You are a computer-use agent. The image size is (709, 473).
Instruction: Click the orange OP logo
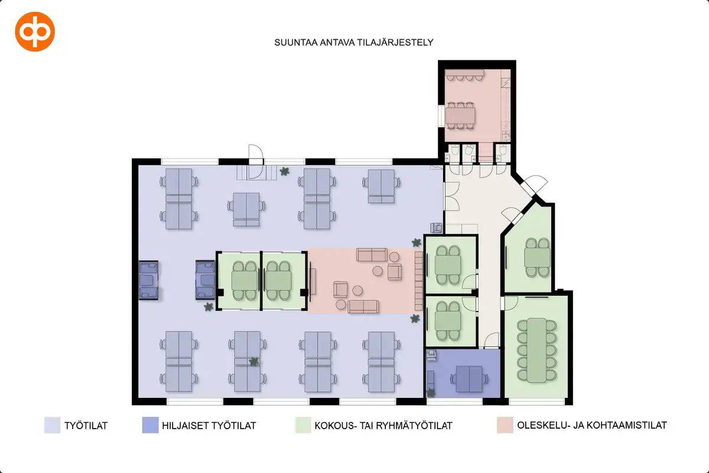coord(35,32)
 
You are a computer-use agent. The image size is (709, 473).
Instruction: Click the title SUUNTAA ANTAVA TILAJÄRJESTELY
coord(353,43)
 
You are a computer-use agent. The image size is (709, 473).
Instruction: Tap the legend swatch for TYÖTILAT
coord(52,425)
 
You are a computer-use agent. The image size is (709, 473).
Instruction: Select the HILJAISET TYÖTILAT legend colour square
coord(150,425)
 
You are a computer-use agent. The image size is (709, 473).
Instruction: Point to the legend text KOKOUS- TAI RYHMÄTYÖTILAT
coord(383,426)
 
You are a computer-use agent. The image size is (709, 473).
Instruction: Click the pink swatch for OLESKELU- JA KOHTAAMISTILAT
coord(505,425)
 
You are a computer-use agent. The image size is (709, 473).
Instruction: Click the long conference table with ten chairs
coord(537,350)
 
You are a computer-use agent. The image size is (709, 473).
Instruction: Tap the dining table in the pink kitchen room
coord(460,116)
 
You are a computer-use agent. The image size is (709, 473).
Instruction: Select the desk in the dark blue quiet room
coord(469,378)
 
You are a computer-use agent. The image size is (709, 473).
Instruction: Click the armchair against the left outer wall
coord(149,280)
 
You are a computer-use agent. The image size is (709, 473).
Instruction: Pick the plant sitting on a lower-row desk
coord(253,361)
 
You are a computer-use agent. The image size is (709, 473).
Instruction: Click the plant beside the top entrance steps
coord(284,171)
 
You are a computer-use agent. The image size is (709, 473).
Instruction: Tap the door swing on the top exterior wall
coord(256,154)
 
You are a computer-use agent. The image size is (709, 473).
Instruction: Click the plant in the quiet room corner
coord(431,392)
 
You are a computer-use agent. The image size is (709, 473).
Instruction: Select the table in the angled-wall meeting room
coord(537,257)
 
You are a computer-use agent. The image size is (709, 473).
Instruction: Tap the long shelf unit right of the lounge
coord(419,281)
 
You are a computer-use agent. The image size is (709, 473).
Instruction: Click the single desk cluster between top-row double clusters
coord(246,209)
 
